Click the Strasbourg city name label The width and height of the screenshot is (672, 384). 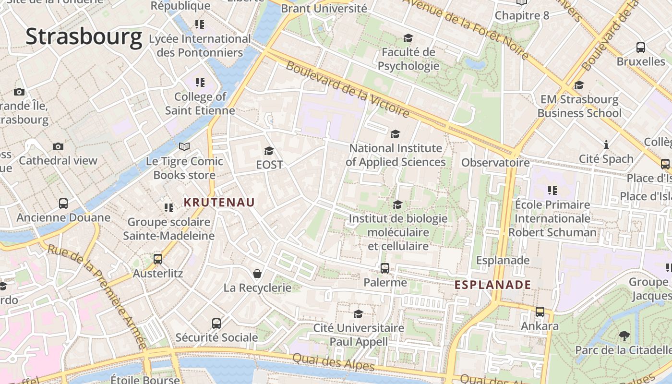tap(84, 37)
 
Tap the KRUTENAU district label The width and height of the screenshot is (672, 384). tap(219, 203)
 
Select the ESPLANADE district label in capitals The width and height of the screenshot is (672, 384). tap(493, 285)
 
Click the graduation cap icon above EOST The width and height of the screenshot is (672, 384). tap(269, 151)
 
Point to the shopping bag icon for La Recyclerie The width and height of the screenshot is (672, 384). tap(257, 274)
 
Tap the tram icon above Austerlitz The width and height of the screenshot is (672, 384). tap(158, 259)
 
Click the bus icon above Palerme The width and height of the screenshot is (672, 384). tap(385, 268)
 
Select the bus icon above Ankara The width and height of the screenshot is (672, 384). tap(540, 312)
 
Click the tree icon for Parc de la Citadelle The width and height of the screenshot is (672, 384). tap(624, 336)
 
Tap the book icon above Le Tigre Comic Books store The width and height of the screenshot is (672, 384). tap(184, 146)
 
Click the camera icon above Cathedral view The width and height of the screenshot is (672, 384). tap(58, 146)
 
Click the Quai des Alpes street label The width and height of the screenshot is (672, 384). tap(333, 361)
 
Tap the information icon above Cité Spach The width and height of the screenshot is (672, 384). tap(606, 144)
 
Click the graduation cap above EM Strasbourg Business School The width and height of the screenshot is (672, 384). tap(579, 85)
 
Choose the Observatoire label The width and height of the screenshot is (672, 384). tap(495, 163)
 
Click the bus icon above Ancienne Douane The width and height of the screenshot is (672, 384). tap(63, 204)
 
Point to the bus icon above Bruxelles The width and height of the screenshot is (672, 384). tap(641, 48)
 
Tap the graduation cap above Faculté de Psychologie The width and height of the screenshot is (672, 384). tap(408, 38)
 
